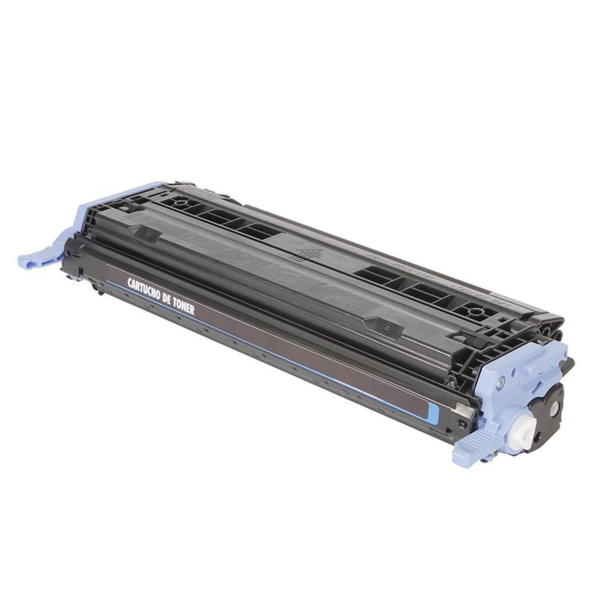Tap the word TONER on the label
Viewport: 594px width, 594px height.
[x=184, y=307]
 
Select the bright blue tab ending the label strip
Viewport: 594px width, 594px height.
[x=433, y=410]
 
